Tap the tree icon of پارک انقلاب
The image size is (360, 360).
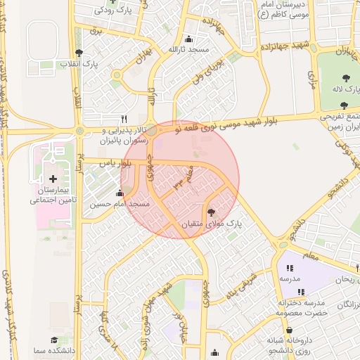(79, 53)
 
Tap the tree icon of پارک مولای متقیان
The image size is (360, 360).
(212, 212)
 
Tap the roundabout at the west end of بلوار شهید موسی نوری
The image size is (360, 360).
(79, 131)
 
